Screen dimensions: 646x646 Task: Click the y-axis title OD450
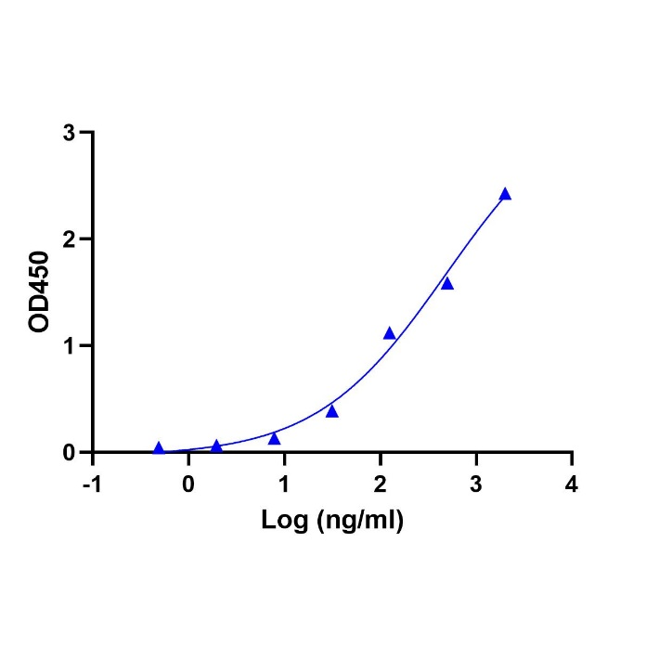(x=39, y=291)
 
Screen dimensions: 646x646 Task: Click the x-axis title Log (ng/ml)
(x=331, y=522)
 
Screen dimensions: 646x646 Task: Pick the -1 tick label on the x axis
(x=90, y=484)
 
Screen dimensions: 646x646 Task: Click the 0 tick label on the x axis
(x=188, y=484)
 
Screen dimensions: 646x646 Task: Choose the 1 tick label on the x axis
(x=284, y=484)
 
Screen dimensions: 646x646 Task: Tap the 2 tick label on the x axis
(x=380, y=484)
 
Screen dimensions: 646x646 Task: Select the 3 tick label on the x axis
(x=476, y=484)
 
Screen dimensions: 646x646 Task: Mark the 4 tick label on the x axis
(x=572, y=484)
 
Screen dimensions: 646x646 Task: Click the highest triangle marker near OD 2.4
(x=505, y=194)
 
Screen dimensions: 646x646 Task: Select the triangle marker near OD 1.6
(x=447, y=283)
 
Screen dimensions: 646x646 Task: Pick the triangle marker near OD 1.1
(x=390, y=333)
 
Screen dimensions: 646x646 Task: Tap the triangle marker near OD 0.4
(x=332, y=411)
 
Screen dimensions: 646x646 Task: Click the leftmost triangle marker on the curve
(x=159, y=448)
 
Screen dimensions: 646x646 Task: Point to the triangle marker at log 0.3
(x=216, y=446)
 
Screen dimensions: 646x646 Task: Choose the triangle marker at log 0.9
(x=274, y=438)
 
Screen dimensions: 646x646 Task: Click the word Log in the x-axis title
(x=280, y=521)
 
